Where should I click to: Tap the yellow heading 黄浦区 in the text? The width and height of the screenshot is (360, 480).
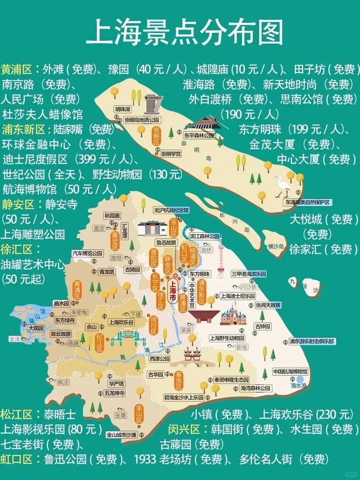coord(17,69)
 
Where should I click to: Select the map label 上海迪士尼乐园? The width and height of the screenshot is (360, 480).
coord(237,296)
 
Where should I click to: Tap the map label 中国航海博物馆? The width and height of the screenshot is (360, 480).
coord(290,372)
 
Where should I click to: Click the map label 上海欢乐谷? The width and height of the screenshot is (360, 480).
coord(121,323)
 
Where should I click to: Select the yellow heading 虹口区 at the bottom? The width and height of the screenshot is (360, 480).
coord(17,459)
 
